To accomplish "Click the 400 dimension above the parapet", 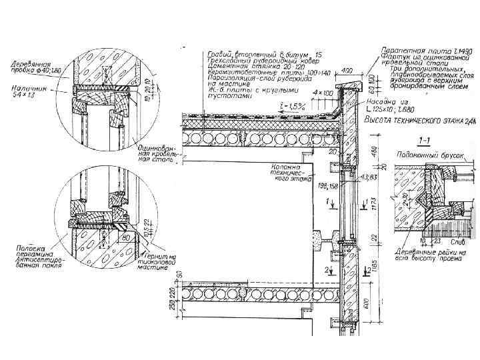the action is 347,70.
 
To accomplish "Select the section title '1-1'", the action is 424,141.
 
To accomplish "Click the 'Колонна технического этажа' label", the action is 287,171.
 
